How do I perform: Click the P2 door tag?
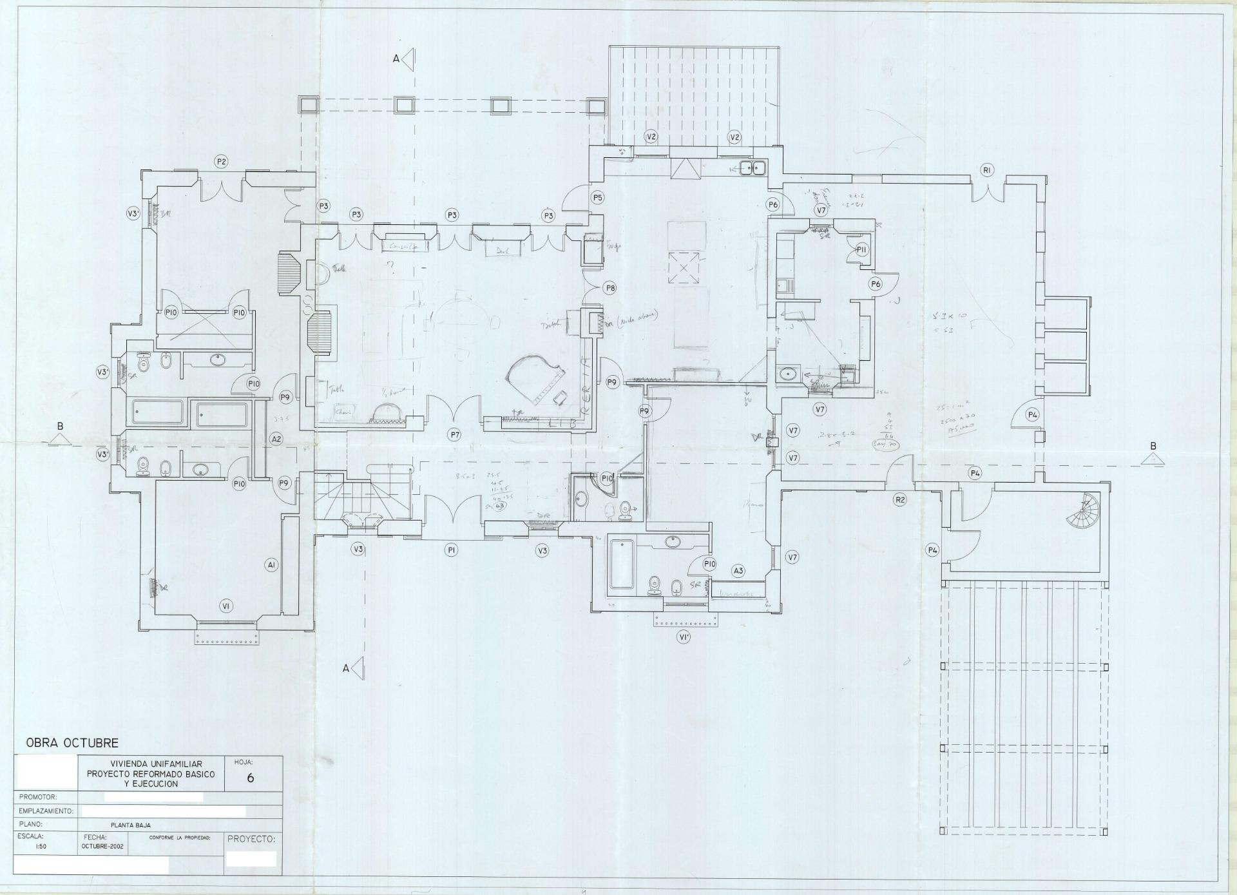222,162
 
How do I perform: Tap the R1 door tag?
987,170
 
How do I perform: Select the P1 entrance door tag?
452,550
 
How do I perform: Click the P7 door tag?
455,435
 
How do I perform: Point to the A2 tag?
276,439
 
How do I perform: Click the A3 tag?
738,570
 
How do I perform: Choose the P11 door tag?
862,249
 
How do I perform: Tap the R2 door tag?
900,499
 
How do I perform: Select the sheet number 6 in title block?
250,778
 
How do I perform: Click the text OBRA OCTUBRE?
72,743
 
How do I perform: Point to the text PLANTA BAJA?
131,825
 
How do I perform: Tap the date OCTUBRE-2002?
103,846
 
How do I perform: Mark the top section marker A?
405,59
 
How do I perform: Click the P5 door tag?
598,198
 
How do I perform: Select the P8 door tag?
609,288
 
